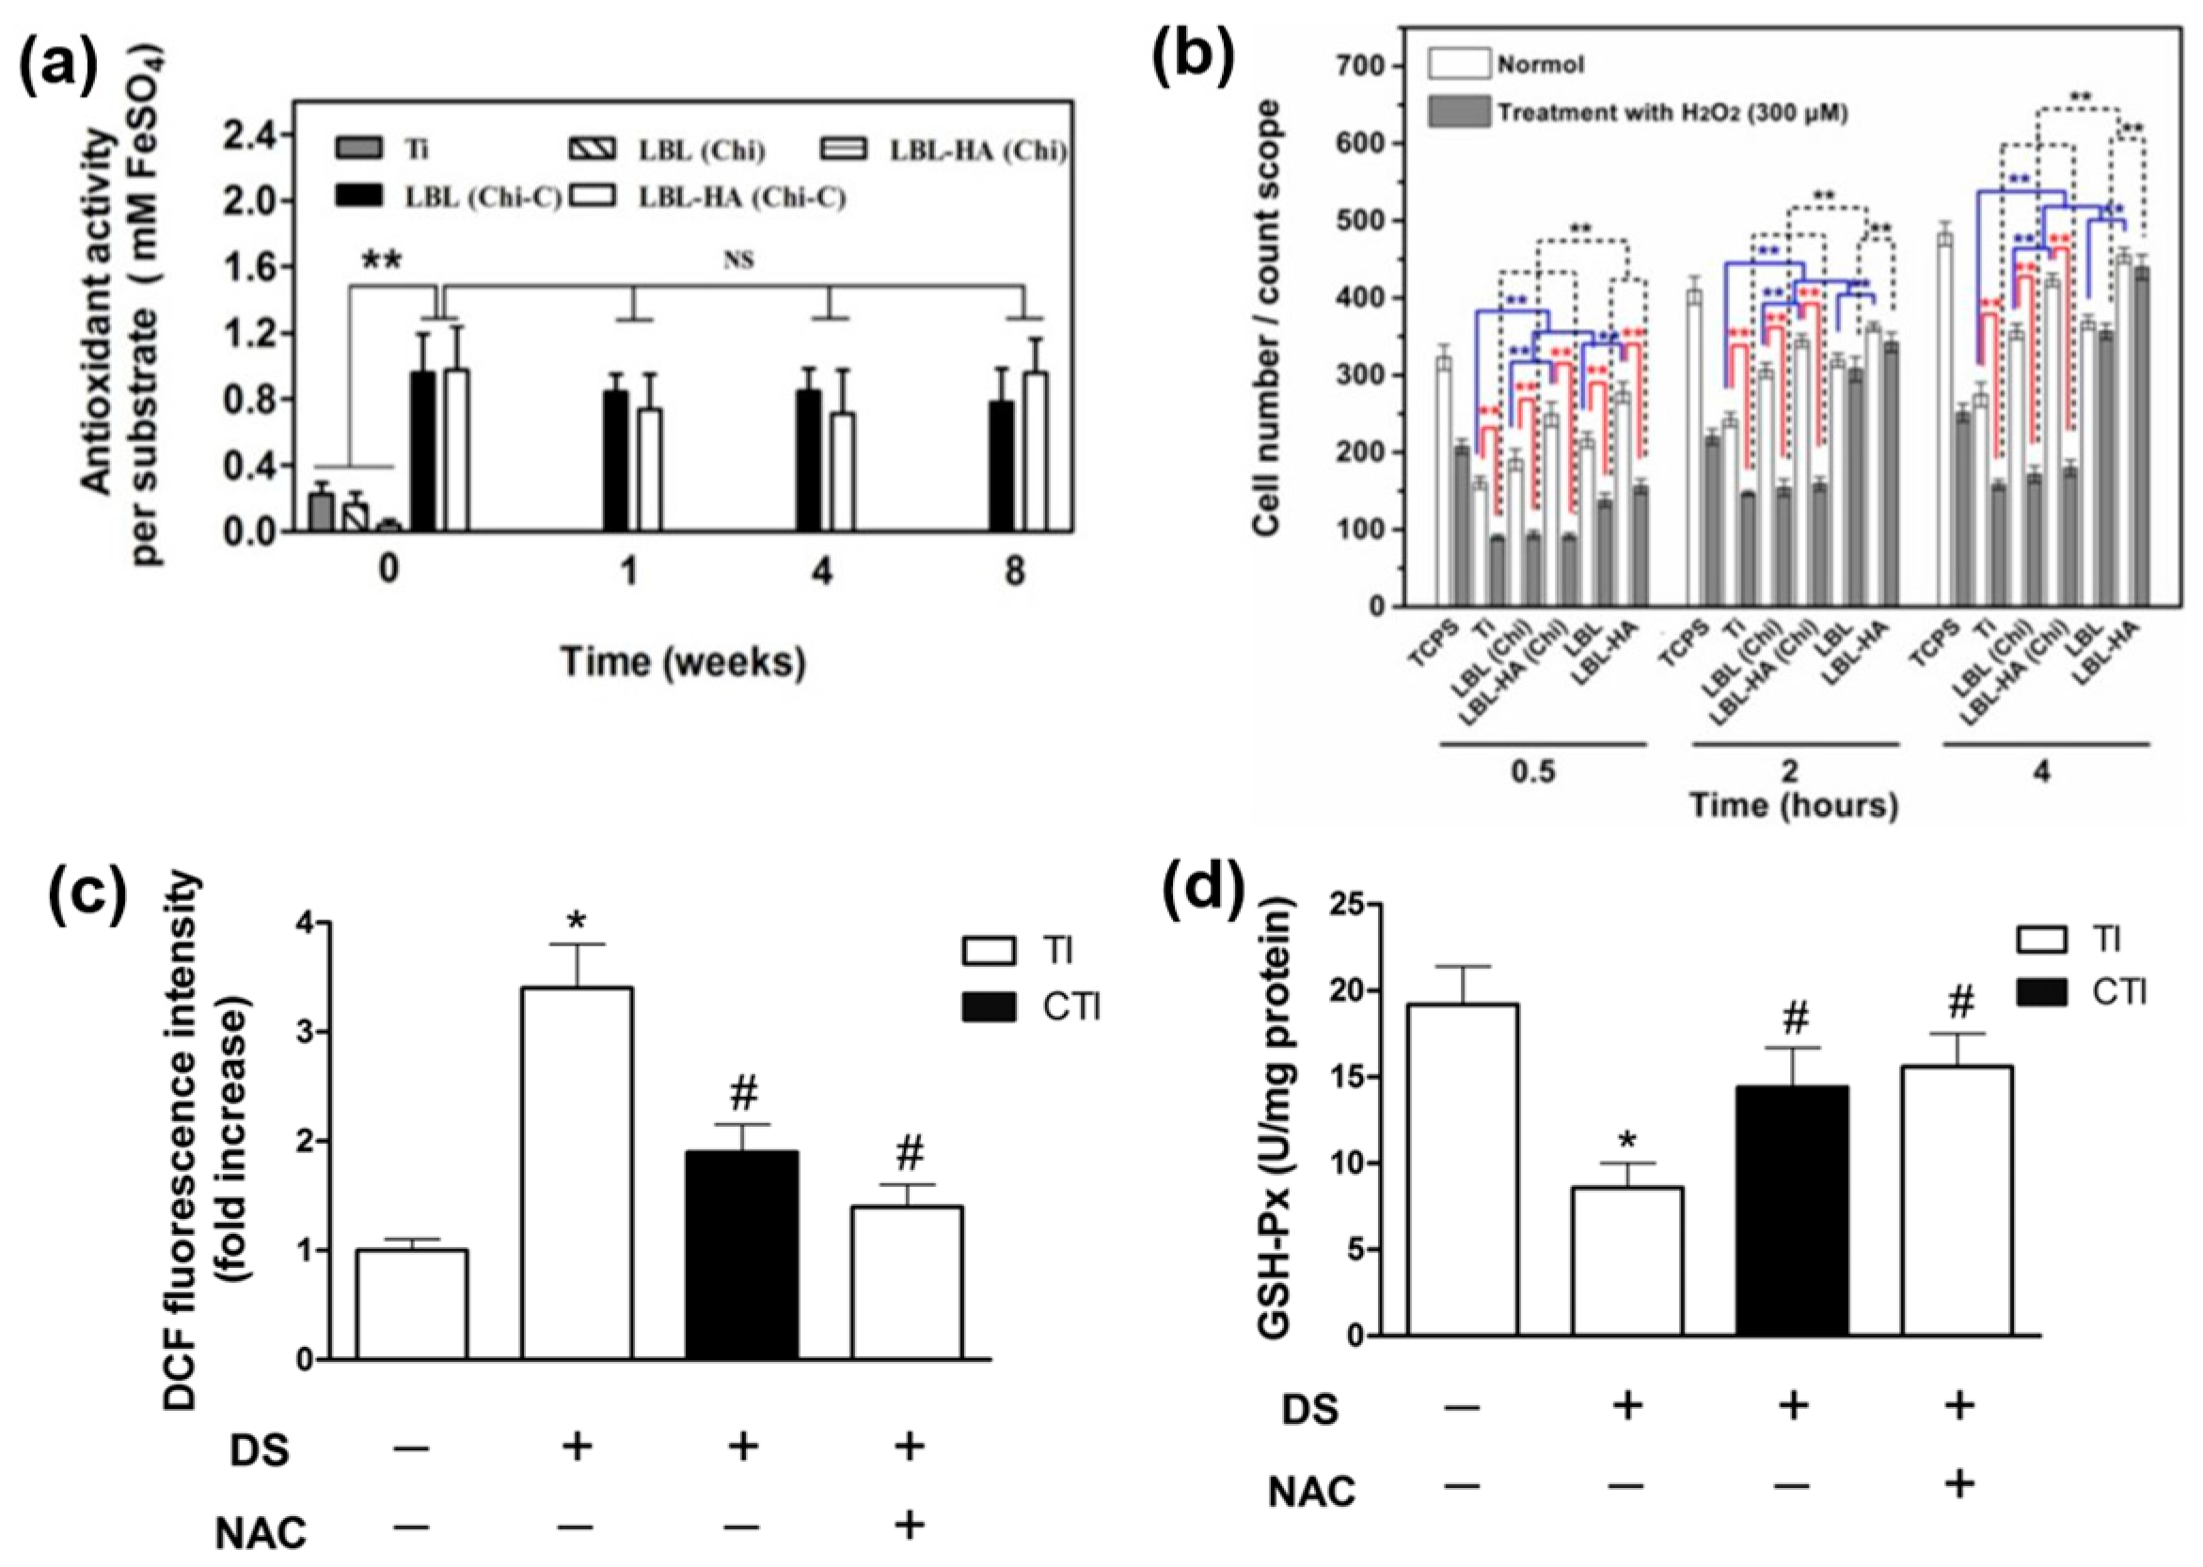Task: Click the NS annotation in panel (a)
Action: (738, 260)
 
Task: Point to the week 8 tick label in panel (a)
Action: (1014, 571)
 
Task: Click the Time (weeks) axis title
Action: (683, 662)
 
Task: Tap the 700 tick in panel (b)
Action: (1360, 66)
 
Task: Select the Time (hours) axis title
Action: (1794, 806)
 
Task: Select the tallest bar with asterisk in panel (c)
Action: (577, 1172)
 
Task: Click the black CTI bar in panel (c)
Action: (742, 1255)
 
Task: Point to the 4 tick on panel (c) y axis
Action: (305, 924)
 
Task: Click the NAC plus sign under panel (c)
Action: (908, 1526)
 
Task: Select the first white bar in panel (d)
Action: (1463, 1168)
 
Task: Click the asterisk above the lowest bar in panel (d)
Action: (1627, 1143)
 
